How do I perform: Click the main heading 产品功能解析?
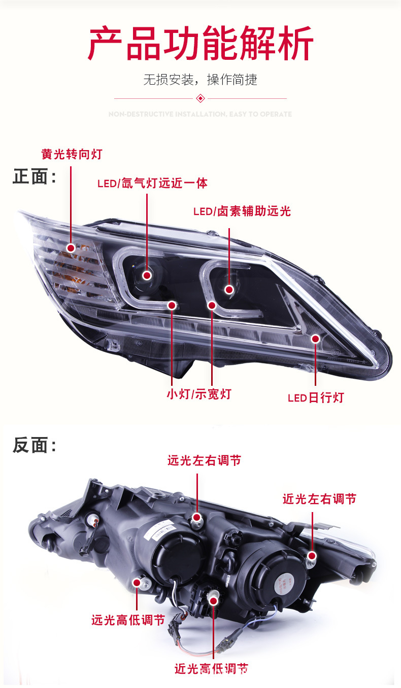pyautogui.click(x=201, y=44)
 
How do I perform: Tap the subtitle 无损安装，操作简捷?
pyautogui.click(x=200, y=80)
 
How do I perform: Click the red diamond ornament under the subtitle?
pyautogui.click(x=200, y=98)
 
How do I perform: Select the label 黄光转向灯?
pyautogui.click(x=72, y=154)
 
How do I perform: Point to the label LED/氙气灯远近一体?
pyautogui.click(x=152, y=183)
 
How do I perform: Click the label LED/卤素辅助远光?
pyautogui.click(x=242, y=211)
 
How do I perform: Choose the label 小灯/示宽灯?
pyautogui.click(x=198, y=394)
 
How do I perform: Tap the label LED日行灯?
pyautogui.click(x=316, y=397)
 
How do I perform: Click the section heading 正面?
pyautogui.click(x=34, y=177)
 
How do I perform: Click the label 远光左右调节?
pyautogui.click(x=204, y=460)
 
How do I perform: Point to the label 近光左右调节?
pyautogui.click(x=319, y=499)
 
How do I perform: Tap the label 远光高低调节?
pyautogui.click(x=128, y=620)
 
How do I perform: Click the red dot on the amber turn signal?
pyautogui.click(x=71, y=248)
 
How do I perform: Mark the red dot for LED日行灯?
pyautogui.click(x=316, y=338)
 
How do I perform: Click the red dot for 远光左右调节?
pyautogui.click(x=197, y=517)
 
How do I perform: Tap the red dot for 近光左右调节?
pyautogui.click(x=312, y=557)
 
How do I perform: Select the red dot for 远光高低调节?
pyautogui.click(x=137, y=583)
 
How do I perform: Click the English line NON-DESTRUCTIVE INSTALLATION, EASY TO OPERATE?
pyautogui.click(x=200, y=114)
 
